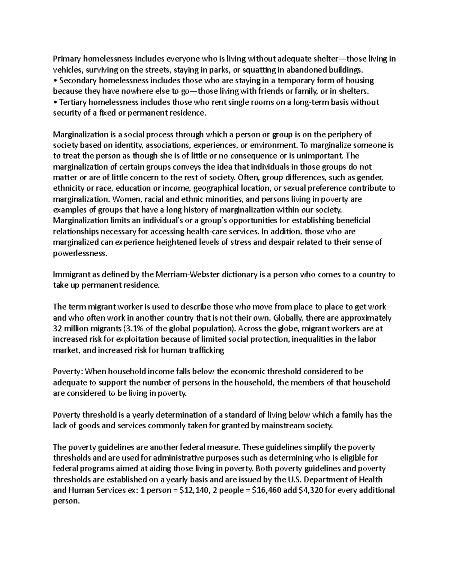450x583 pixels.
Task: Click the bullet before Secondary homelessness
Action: tap(55, 80)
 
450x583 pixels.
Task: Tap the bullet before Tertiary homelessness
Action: tap(55, 102)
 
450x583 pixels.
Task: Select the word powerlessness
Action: tap(80, 253)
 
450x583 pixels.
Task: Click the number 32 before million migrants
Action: tap(57, 329)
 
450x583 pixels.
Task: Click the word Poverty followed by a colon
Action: tap(68, 372)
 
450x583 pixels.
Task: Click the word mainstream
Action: tap(286, 426)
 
